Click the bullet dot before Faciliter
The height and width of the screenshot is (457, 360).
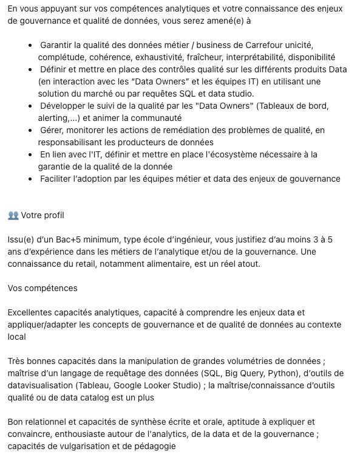pos(31,179)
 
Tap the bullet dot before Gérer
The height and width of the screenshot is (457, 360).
pos(31,130)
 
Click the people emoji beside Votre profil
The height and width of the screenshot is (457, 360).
pos(13,215)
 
